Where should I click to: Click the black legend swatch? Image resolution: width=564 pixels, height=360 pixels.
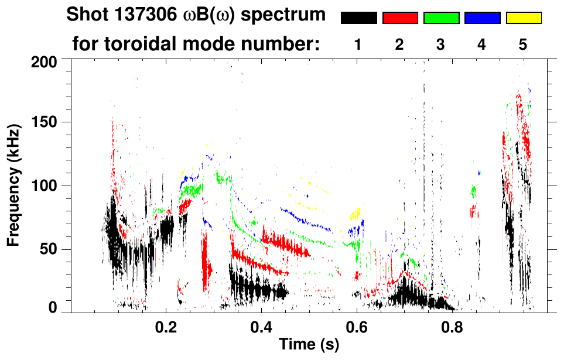[358, 18]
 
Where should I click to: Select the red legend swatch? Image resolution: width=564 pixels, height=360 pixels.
[400, 18]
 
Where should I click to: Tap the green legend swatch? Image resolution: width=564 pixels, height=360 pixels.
[441, 18]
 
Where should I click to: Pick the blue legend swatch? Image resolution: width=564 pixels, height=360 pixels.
[482, 18]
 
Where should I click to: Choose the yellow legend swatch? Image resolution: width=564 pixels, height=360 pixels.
[523, 18]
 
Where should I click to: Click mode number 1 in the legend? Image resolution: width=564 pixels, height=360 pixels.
[358, 44]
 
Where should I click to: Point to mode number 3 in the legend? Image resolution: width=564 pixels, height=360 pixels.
[440, 44]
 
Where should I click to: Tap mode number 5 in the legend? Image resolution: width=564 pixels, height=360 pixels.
[523, 44]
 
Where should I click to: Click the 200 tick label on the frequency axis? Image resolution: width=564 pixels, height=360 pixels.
[45, 61]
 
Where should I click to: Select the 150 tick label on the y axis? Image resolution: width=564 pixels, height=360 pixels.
[45, 122]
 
